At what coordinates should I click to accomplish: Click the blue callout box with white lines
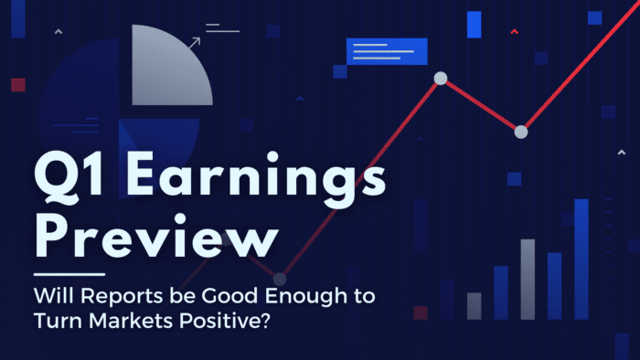(387, 51)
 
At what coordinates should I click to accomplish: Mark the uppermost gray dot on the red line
(440, 79)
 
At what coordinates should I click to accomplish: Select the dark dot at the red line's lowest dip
(280, 278)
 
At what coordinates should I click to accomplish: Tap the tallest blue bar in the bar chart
(581, 258)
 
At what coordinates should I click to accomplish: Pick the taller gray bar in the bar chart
(528, 279)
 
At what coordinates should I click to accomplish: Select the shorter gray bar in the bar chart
(474, 305)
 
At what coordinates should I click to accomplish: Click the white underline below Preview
(69, 272)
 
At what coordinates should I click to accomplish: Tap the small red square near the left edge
(17, 85)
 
